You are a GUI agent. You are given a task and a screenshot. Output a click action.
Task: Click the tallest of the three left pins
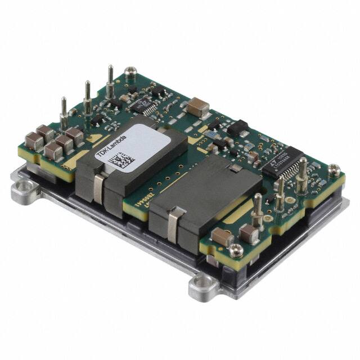110,82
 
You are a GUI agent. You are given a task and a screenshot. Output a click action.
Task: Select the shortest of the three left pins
64,112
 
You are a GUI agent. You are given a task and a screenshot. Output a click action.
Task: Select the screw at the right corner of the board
334,169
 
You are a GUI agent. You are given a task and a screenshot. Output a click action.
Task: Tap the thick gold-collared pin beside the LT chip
303,174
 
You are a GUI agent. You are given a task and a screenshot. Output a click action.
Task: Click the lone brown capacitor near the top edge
198,105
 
